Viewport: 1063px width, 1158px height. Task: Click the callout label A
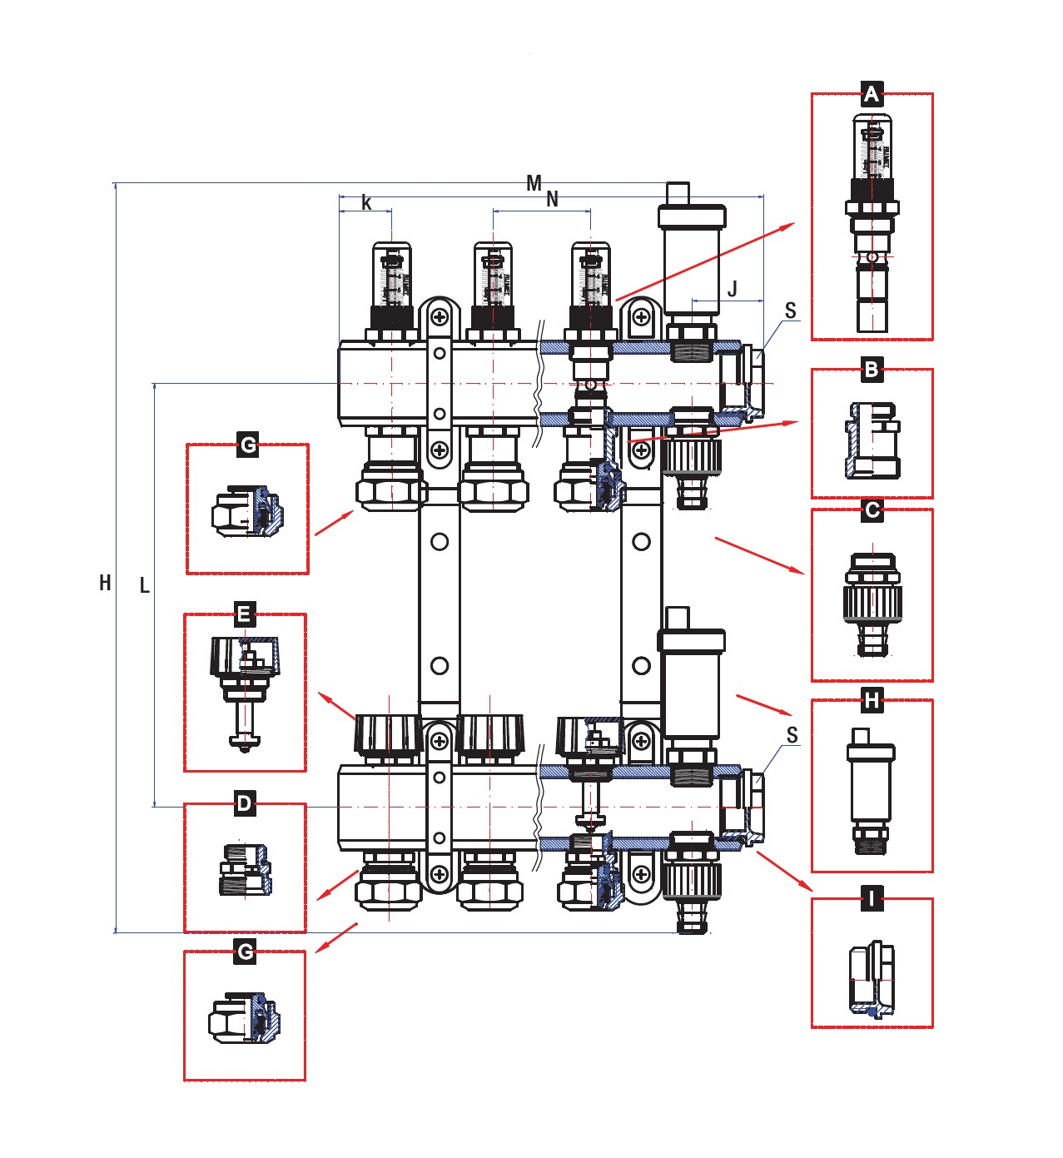point(871,95)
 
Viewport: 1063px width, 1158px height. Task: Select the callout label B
point(871,370)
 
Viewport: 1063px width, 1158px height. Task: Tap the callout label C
point(872,509)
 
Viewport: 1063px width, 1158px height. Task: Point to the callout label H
point(871,701)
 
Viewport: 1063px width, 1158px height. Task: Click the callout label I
point(871,899)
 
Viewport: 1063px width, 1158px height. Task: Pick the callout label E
point(244,615)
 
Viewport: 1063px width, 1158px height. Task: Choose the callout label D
point(244,804)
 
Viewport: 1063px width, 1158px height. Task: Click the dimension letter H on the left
point(105,583)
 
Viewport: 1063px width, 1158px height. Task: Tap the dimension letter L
point(145,586)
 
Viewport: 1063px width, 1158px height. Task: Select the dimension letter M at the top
point(534,183)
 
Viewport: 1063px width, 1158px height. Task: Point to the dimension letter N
point(552,200)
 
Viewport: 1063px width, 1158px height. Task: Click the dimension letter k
point(366,202)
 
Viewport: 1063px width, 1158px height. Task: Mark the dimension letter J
point(733,289)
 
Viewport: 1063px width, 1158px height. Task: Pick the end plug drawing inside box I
point(872,978)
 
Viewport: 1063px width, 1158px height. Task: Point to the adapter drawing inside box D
point(244,870)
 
